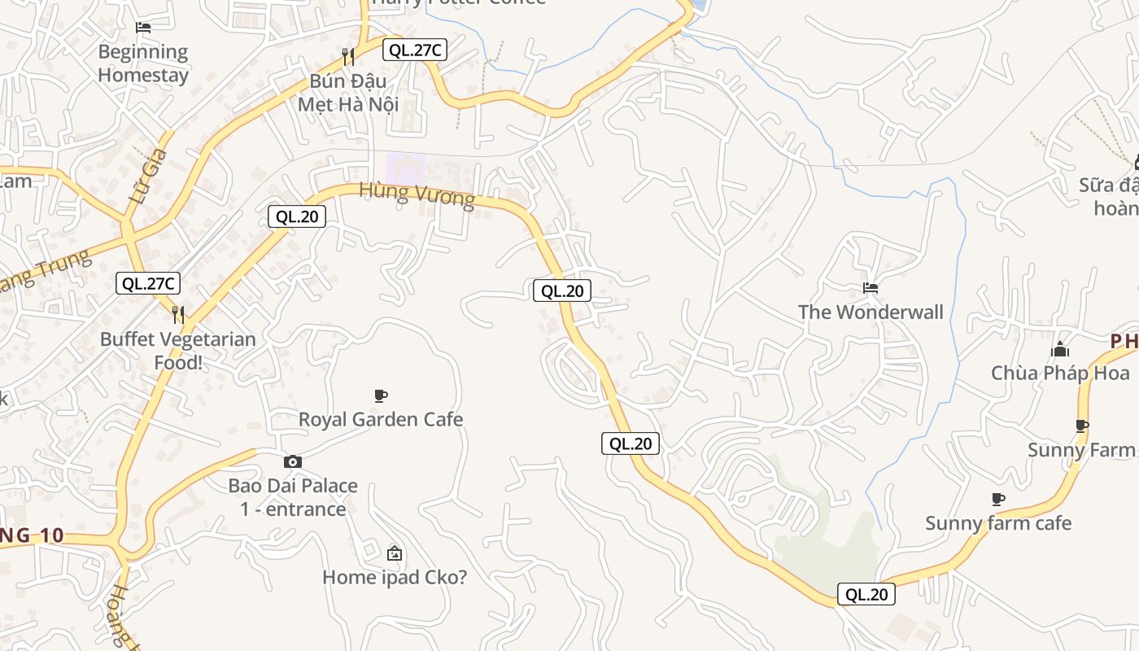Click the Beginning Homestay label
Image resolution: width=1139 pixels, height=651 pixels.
pos(143,63)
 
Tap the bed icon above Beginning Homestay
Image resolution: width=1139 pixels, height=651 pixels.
pos(143,28)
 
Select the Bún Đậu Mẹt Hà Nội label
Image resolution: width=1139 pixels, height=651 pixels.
pos(347,93)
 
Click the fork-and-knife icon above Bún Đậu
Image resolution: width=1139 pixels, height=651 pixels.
pos(347,56)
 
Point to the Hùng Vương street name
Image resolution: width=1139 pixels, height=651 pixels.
pos(417,195)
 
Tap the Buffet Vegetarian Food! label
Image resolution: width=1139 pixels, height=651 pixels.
pos(178,351)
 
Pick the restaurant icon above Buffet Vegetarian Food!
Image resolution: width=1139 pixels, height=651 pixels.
pos(178,314)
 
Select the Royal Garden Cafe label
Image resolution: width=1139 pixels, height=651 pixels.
pos(381,419)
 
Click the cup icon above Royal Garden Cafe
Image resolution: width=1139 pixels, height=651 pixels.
pos(380,396)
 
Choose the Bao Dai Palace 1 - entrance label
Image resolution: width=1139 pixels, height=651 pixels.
pos(293,497)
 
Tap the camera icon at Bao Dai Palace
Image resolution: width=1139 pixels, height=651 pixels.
pos(293,462)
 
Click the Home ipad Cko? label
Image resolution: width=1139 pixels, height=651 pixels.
pos(395,577)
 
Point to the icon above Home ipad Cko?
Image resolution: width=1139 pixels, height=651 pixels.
pos(395,553)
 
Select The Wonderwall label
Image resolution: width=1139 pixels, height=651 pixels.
pos(871,312)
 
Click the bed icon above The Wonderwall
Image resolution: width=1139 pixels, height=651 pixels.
pos(871,288)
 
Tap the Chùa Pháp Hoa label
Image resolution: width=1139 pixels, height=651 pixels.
pos(1060,374)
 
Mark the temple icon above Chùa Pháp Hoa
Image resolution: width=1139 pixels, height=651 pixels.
pos(1060,350)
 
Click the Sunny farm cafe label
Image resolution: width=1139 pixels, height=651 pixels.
pos(998,523)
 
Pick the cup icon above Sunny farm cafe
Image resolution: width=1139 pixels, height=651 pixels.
pos(998,499)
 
